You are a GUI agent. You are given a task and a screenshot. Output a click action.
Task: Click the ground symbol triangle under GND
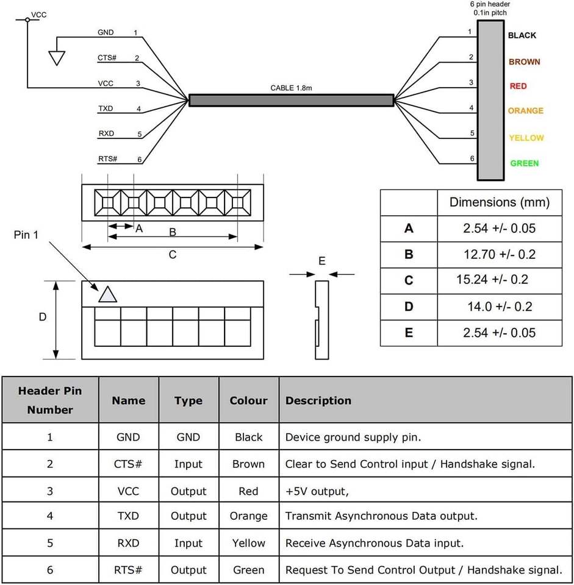tap(57, 57)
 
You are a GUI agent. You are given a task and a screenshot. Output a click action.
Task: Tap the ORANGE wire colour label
tap(525, 111)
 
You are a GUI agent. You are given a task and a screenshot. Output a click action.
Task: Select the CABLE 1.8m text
tap(292, 88)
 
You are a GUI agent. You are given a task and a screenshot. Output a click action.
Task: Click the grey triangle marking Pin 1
tap(107, 295)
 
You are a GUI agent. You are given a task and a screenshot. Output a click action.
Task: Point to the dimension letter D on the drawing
tap(43, 317)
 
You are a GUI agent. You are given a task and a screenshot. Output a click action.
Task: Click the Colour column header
tap(248, 400)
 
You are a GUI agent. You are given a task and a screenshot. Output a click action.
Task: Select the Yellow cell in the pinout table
tap(248, 543)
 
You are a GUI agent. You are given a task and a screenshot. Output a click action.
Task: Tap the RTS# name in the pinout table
tap(128, 570)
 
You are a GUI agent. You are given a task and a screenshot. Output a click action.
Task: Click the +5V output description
tap(318, 491)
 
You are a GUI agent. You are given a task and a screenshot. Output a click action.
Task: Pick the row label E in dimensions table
tap(409, 333)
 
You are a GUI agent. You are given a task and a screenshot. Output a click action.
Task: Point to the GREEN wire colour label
tap(524, 163)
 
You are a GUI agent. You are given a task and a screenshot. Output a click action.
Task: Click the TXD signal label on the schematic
tap(106, 108)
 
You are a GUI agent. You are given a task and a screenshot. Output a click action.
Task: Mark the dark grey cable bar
tap(291, 100)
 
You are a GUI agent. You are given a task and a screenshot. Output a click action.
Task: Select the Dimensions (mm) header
tap(499, 202)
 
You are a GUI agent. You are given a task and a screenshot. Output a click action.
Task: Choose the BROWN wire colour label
tap(524, 62)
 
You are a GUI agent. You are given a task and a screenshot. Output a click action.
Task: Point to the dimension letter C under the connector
tap(173, 255)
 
